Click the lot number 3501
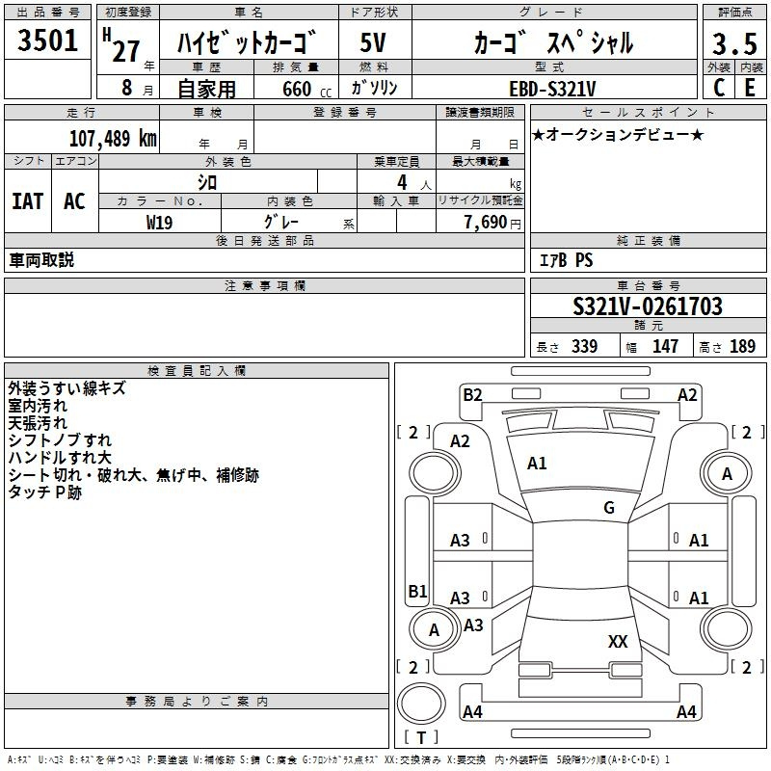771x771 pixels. click(x=47, y=40)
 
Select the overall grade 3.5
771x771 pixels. click(x=734, y=43)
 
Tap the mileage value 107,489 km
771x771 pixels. click(x=113, y=138)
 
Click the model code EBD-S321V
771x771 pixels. click(x=552, y=89)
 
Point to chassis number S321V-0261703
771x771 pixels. click(x=648, y=306)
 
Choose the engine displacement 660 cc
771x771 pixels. click(x=306, y=89)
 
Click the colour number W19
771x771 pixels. click(x=159, y=223)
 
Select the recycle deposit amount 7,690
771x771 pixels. click(x=486, y=223)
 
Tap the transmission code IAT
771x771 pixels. click(x=28, y=201)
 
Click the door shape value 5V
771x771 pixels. click(x=373, y=42)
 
